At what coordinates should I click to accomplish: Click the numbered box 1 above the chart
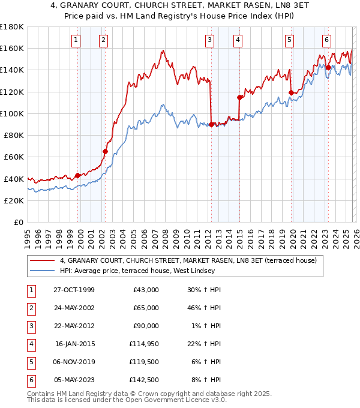click(76, 40)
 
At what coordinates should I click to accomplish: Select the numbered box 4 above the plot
click(238, 40)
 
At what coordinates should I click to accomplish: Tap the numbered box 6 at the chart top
click(326, 40)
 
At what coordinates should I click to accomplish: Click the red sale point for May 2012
click(212, 125)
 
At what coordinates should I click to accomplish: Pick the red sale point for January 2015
click(239, 97)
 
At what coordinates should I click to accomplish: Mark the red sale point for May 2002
click(105, 152)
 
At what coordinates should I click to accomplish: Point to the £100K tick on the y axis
click(12, 113)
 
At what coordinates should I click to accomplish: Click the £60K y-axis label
click(14, 157)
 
